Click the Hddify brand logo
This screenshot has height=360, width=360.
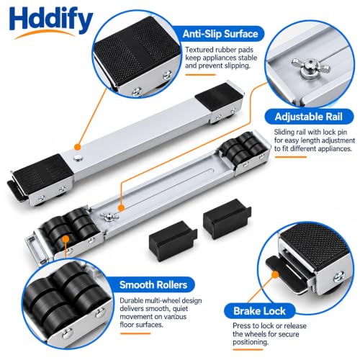[x=51, y=22]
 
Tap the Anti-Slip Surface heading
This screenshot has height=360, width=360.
[x=220, y=34]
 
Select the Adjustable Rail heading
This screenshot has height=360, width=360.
[x=309, y=117]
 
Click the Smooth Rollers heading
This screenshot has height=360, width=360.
[x=153, y=285]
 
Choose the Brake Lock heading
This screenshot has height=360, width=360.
[x=259, y=311]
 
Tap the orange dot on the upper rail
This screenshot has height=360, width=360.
[x=77, y=147]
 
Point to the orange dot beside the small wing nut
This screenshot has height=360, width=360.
[x=122, y=208]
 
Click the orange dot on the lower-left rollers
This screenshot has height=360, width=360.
[x=66, y=239]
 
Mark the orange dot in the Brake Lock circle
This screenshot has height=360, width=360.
[x=275, y=274]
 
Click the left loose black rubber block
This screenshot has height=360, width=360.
[x=173, y=240]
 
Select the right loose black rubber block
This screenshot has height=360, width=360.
[x=227, y=219]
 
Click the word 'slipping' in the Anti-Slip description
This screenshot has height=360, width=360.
[x=237, y=66]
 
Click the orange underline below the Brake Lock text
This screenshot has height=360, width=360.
[x=248, y=350]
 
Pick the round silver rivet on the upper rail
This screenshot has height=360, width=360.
[x=78, y=158]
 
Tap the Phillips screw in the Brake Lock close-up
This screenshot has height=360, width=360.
[x=339, y=276]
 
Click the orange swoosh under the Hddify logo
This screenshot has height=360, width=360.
[x=45, y=34]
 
